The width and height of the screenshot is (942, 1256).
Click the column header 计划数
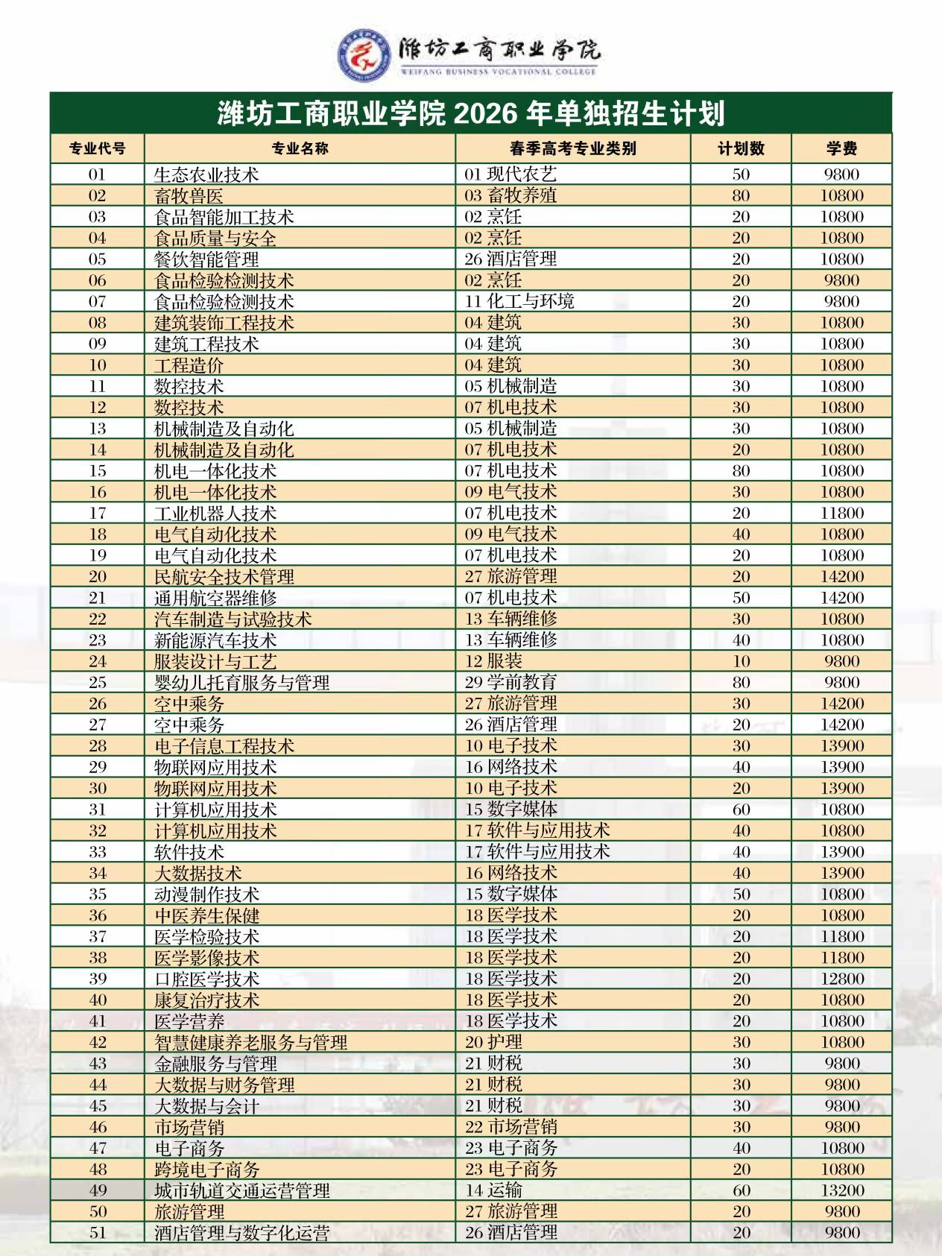pyautogui.click(x=741, y=148)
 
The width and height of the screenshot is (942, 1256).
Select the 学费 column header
pyautogui.click(x=841, y=148)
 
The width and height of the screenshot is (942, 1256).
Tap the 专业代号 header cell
pyautogui.click(x=97, y=148)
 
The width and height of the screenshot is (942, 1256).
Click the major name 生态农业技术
pyautogui.click(x=206, y=175)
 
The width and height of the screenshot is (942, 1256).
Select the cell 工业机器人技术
pyautogui.click(x=215, y=514)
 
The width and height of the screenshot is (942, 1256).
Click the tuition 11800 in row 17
pyautogui.click(x=841, y=514)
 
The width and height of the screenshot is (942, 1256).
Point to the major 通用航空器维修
pyautogui.click(x=215, y=599)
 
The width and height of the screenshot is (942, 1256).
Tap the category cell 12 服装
pyautogui.click(x=493, y=661)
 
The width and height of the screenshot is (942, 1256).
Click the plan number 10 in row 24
pyautogui.click(x=741, y=661)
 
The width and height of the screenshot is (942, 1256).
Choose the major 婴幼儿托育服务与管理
pyautogui.click(x=241, y=683)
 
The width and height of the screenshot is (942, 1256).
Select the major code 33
pyautogui.click(x=97, y=852)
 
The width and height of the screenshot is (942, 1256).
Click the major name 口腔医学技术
pyautogui.click(x=206, y=979)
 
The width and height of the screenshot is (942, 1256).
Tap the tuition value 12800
pyautogui.click(x=841, y=979)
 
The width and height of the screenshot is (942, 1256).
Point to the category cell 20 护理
pyautogui.click(x=493, y=1042)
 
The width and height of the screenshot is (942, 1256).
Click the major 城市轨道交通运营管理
pyautogui.click(x=241, y=1190)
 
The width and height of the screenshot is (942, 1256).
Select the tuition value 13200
pyautogui.click(x=841, y=1190)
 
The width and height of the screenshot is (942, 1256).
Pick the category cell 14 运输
pyautogui.click(x=493, y=1190)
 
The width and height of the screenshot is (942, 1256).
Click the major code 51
pyautogui.click(x=97, y=1233)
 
